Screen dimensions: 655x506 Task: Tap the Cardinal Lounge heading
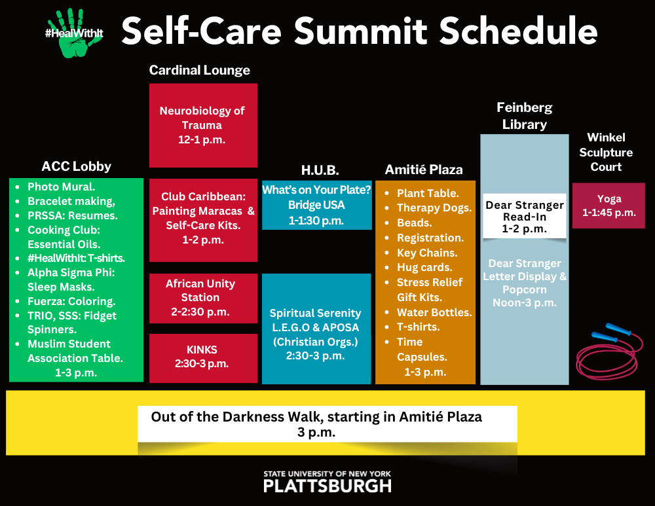click(200, 70)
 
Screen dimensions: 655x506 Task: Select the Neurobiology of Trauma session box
click(204, 125)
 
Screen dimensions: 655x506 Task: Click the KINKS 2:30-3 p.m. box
click(204, 358)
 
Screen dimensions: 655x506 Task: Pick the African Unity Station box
click(204, 298)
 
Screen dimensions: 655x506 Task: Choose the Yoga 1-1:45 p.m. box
click(608, 206)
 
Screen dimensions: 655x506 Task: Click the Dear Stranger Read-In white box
click(524, 216)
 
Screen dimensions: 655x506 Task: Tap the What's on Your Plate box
click(316, 205)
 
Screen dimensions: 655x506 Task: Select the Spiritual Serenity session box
click(316, 329)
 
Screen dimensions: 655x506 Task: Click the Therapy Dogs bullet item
click(434, 208)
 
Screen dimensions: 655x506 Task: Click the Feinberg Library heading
click(524, 116)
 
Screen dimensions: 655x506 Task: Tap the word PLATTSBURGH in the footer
click(327, 486)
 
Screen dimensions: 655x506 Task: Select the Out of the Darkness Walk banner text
click(316, 424)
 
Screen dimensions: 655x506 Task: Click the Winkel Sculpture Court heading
click(606, 152)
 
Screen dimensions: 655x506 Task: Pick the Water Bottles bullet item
click(434, 312)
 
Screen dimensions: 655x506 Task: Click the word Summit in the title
click(362, 31)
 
